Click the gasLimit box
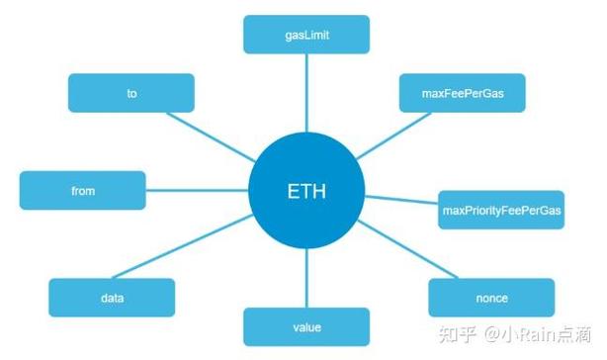306,34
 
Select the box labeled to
130,92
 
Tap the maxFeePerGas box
462,92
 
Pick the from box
83,191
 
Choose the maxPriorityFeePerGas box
500,210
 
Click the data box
111,297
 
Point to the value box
306,326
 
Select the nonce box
490,297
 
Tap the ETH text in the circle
306,191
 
